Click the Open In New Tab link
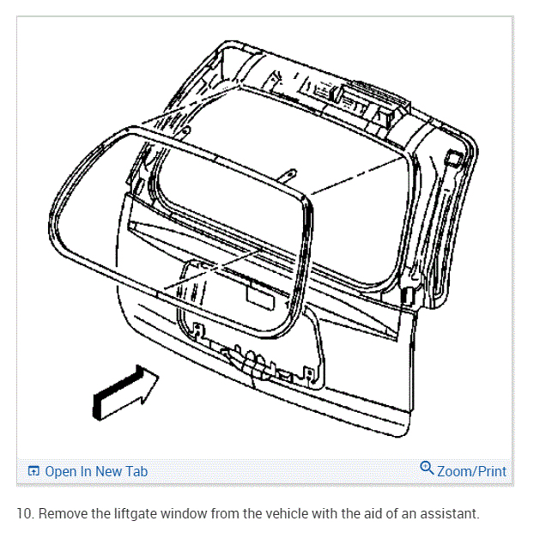click(95, 471)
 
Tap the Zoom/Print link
click(471, 471)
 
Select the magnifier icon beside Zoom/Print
click(427, 469)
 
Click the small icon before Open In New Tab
click(34, 471)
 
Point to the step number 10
click(24, 514)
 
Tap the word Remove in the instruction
click(62, 514)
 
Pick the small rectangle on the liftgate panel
click(259, 293)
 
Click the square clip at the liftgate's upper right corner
click(454, 158)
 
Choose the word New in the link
click(108, 471)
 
